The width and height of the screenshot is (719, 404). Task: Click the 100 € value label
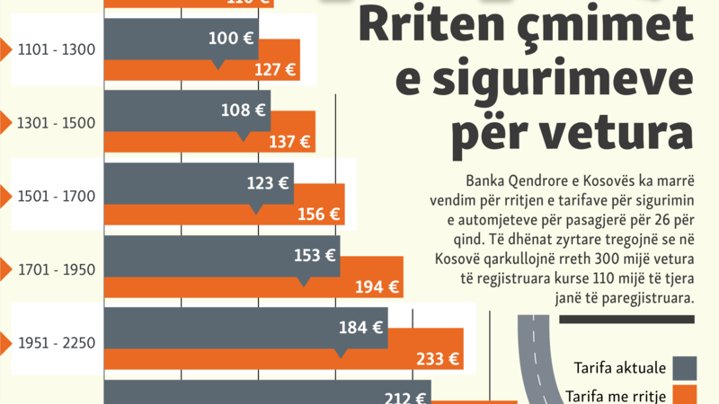tap(230, 39)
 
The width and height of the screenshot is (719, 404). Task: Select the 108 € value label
tap(243, 111)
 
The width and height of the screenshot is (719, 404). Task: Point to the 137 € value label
tap(289, 142)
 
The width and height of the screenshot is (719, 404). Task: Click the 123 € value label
tap(267, 183)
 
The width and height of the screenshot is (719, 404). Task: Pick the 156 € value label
tap(318, 215)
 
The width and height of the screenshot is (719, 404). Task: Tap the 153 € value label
tap(315, 255)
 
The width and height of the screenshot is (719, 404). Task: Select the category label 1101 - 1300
tap(56, 49)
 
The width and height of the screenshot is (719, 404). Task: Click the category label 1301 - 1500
tap(56, 123)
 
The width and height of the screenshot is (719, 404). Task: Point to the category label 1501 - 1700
tap(56, 196)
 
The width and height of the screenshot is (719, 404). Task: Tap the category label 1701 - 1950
tap(56, 268)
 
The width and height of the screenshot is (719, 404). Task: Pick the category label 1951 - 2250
tap(56, 342)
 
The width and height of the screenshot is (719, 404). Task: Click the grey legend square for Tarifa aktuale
tap(685, 368)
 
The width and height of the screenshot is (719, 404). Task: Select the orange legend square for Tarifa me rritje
tap(685, 395)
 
